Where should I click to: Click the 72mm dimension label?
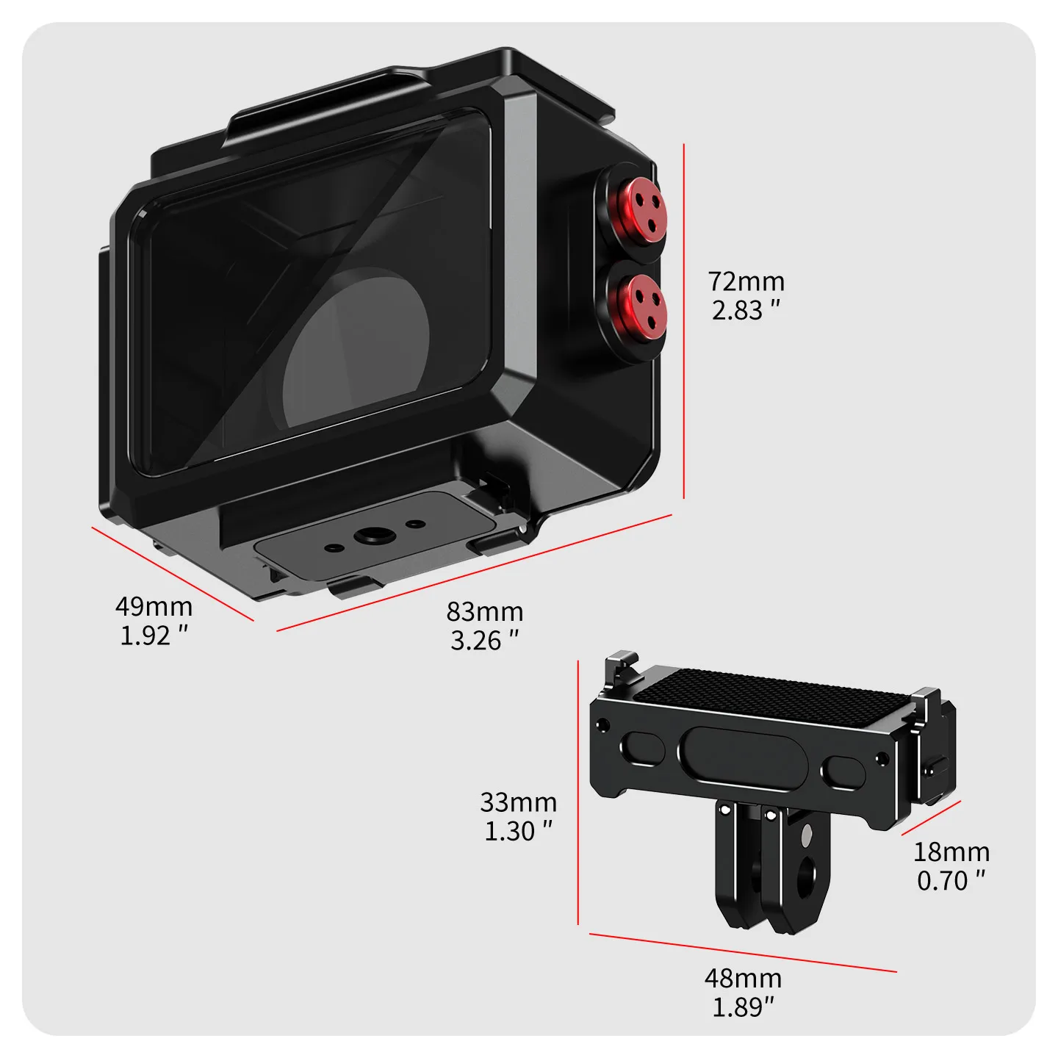(746, 281)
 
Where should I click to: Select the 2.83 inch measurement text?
(746, 311)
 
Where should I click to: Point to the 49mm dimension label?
(154, 607)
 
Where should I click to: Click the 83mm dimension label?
(485, 611)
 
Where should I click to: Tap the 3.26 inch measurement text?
(484, 640)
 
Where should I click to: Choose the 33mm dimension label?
(518, 803)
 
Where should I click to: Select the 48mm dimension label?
(743, 979)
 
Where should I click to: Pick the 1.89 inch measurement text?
(743, 1007)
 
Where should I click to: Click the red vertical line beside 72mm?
(683, 321)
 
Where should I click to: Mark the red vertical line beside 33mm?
(578, 792)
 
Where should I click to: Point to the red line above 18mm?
(931, 818)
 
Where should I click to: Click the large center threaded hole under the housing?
(374, 535)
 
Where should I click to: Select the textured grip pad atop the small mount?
(771, 693)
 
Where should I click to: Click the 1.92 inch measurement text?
(154, 636)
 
